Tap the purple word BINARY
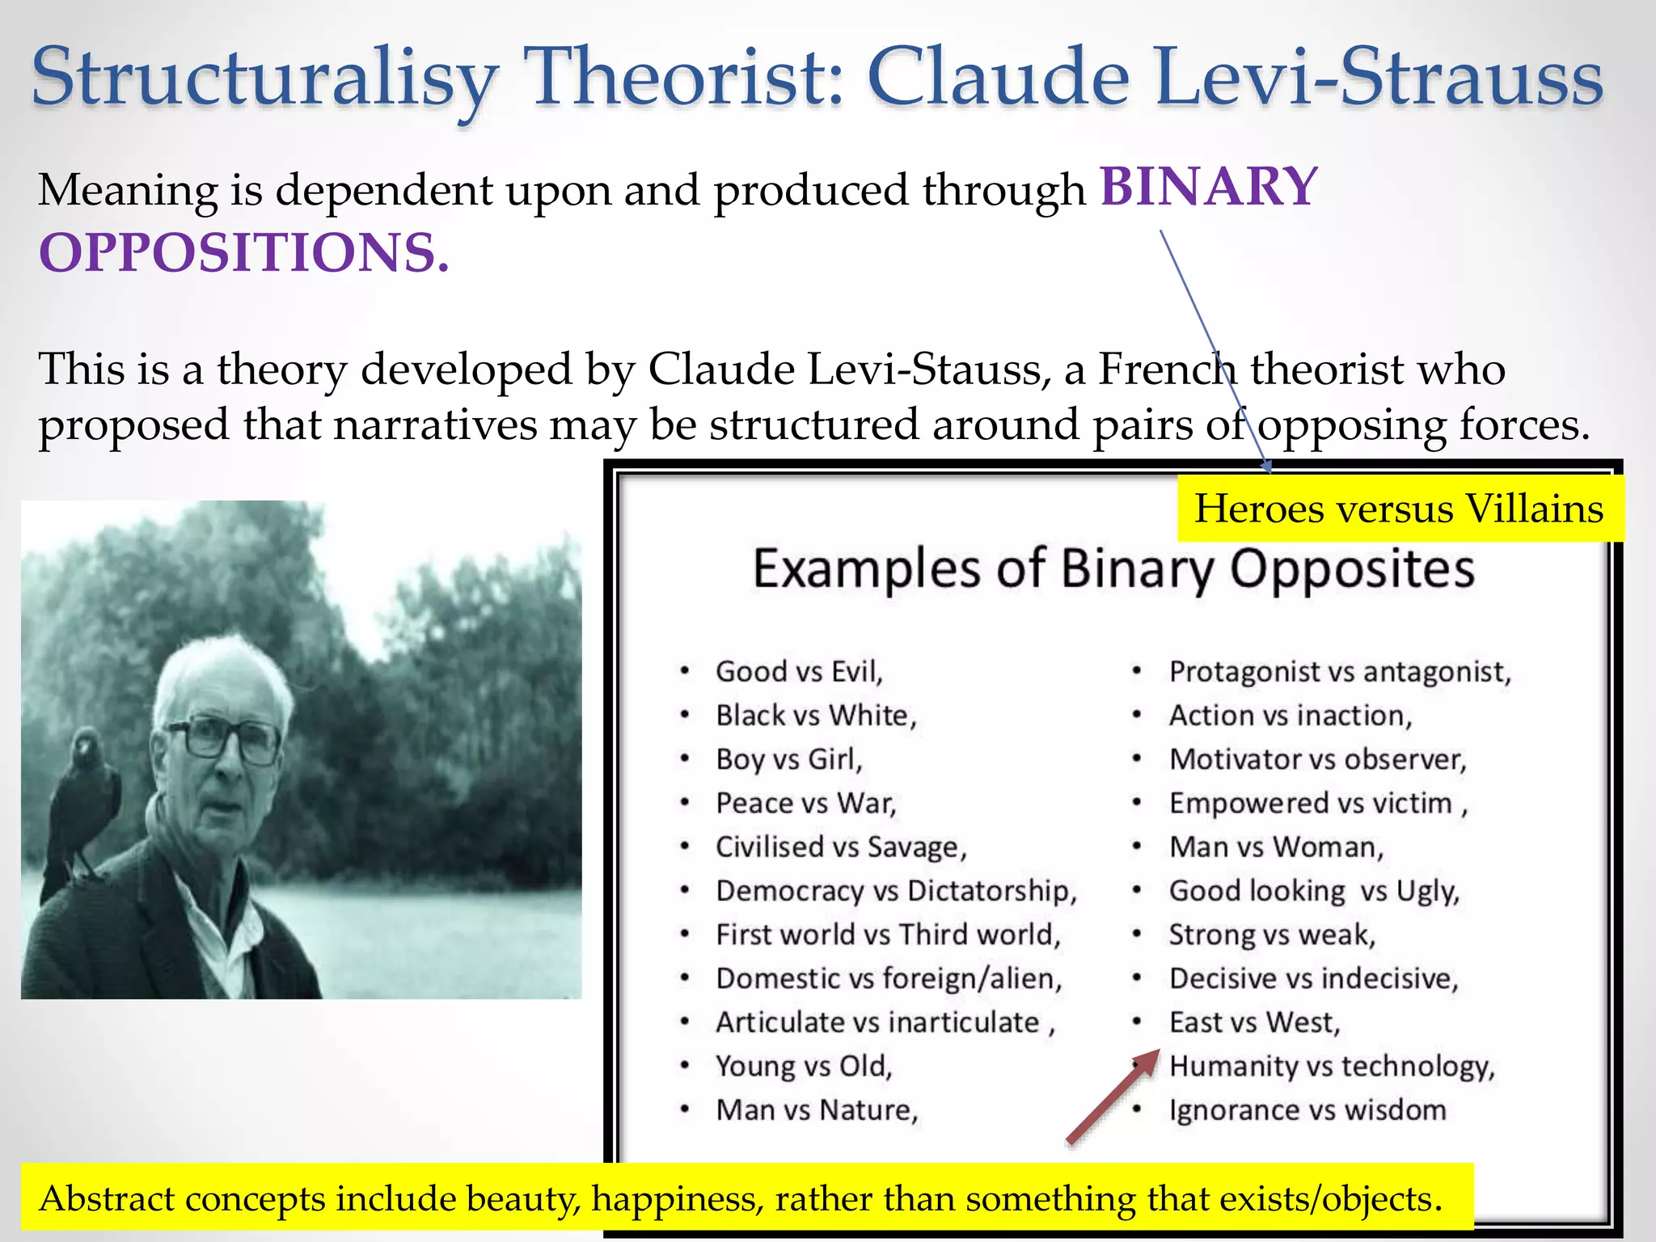(x=1209, y=187)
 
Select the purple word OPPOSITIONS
(x=243, y=252)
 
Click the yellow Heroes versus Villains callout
(x=1399, y=509)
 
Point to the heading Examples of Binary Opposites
(x=1113, y=568)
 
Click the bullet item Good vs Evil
(x=799, y=672)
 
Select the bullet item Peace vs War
(x=805, y=803)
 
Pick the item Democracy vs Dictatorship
(x=896, y=891)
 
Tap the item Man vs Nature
(x=817, y=1110)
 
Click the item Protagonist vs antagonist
(x=1340, y=672)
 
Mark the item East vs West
(x=1254, y=1023)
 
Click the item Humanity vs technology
(x=1332, y=1067)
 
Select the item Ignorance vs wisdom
(x=1307, y=1110)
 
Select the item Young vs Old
(x=804, y=1067)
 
